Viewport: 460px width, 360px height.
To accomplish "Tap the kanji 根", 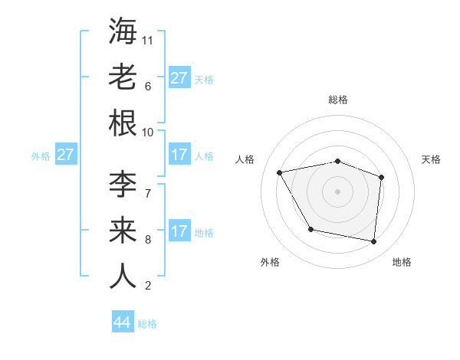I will click(123, 123).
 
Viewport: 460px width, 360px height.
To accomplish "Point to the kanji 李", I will click(123, 185).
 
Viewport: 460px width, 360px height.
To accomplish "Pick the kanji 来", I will click(123, 231).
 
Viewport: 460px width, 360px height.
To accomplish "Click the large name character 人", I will click(123, 277).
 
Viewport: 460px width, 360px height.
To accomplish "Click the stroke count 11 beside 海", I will click(149, 39).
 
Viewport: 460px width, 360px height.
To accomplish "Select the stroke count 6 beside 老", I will click(147, 86).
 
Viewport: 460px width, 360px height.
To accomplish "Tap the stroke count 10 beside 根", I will click(149, 132).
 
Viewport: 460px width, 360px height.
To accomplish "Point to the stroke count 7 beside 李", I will click(147, 192).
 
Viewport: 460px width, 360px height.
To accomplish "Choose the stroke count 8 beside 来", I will click(147, 239).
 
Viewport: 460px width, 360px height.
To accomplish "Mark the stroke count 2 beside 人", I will click(147, 286).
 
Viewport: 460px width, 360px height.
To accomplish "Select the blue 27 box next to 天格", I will click(179, 78).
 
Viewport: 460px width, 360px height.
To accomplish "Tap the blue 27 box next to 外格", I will click(66, 155).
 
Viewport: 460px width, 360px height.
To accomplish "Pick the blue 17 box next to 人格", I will click(179, 155).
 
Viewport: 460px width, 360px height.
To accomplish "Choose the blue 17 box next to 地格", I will click(179, 231).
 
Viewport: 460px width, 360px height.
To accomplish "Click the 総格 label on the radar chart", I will click(337, 100).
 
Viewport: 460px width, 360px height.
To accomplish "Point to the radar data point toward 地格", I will click(374, 242).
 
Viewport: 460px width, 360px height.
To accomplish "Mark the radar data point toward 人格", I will click(280, 172).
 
